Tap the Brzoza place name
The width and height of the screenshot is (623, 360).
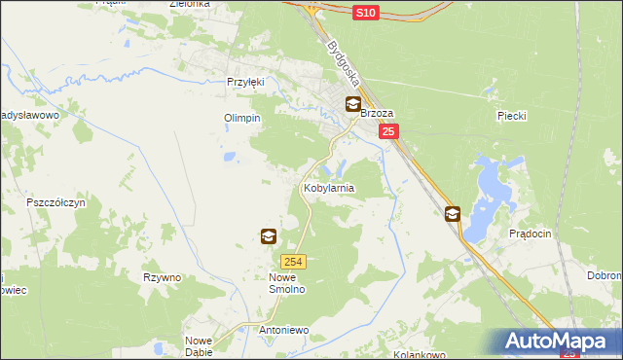click(x=377, y=113)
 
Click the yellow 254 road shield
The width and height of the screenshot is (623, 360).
click(x=294, y=261)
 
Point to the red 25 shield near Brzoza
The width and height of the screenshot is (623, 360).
click(x=388, y=132)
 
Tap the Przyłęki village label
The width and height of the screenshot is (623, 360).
click(x=245, y=83)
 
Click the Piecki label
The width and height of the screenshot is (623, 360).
click(x=511, y=116)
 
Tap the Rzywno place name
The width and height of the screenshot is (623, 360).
click(x=162, y=277)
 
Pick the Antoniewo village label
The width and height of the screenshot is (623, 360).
click(x=283, y=330)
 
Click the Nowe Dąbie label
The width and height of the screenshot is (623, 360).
click(x=199, y=345)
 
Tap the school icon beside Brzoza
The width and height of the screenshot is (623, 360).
click(x=352, y=104)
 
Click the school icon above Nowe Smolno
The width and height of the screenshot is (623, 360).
click(x=268, y=236)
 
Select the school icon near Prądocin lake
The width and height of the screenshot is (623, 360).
click(x=453, y=214)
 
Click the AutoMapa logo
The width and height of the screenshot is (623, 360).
click(x=559, y=342)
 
